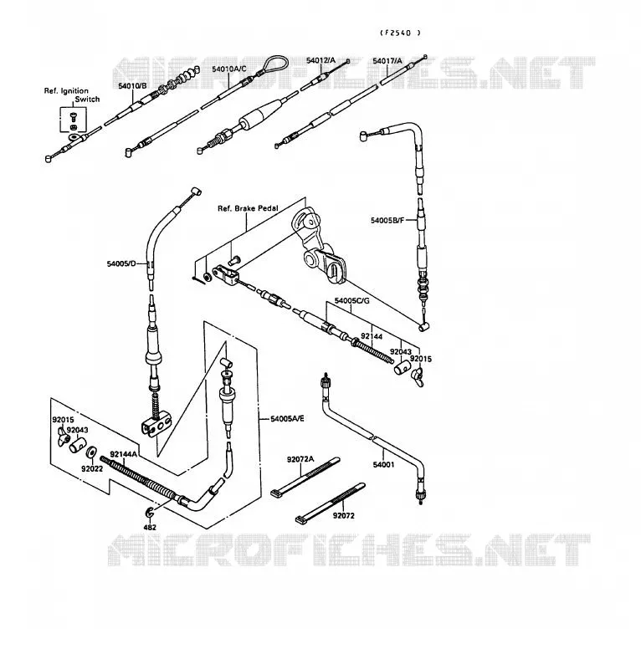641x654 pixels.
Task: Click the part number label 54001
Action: tap(383, 465)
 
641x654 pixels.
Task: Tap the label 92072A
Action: tap(300, 459)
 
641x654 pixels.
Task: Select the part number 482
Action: tap(150, 527)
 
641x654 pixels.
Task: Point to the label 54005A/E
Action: tap(287, 418)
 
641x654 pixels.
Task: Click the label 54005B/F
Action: tap(387, 220)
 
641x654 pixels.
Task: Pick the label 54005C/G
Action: tap(351, 300)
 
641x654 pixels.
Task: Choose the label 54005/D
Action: tap(121, 263)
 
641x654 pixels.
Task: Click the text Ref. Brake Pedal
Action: tap(248, 208)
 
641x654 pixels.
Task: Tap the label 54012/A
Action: tap(320, 60)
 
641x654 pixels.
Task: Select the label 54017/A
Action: tap(387, 61)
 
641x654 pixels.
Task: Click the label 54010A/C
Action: tap(229, 69)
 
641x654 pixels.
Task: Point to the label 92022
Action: tap(92, 469)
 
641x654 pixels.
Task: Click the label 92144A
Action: tap(124, 454)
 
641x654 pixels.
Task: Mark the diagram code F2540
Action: tap(400, 33)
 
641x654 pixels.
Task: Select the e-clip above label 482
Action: tap(150, 513)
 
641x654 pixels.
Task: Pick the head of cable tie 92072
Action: tap(300, 520)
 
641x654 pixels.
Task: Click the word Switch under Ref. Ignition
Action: tap(87, 100)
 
